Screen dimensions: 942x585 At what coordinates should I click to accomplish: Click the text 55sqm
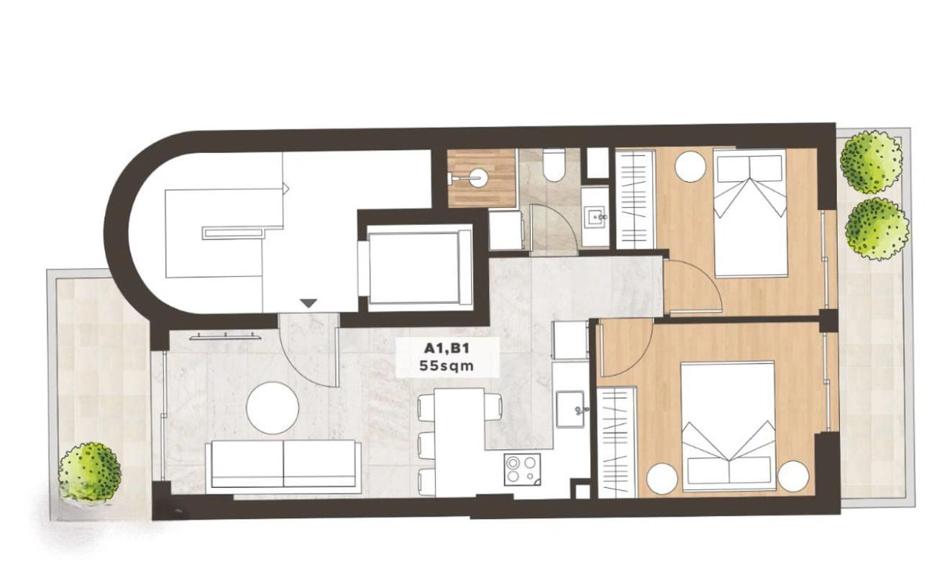click(447, 366)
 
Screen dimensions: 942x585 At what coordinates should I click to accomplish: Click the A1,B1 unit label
click(446, 349)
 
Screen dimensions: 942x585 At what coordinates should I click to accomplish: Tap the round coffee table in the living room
click(273, 408)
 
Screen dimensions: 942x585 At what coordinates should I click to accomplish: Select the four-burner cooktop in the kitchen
click(522, 469)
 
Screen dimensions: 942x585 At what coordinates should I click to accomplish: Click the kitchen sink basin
click(570, 409)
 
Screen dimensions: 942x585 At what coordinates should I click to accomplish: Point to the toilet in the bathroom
click(554, 167)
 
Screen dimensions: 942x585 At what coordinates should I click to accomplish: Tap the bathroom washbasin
click(595, 217)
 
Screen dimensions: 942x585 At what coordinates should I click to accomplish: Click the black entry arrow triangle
click(309, 303)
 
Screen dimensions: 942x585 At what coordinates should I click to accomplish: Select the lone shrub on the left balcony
click(90, 471)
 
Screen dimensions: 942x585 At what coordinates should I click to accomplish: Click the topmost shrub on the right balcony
click(871, 162)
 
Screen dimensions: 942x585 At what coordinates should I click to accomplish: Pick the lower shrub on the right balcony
click(877, 229)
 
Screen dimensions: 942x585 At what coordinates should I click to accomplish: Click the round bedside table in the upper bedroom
click(690, 167)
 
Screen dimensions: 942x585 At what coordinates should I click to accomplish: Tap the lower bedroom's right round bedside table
click(794, 476)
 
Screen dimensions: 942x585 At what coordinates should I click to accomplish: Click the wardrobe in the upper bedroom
click(636, 201)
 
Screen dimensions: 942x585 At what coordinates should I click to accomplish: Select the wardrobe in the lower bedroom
click(617, 443)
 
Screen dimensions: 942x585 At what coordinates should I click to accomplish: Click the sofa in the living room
click(284, 467)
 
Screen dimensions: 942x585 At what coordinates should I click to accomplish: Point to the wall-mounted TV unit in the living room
click(225, 336)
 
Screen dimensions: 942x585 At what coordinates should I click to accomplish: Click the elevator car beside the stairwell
click(416, 267)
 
